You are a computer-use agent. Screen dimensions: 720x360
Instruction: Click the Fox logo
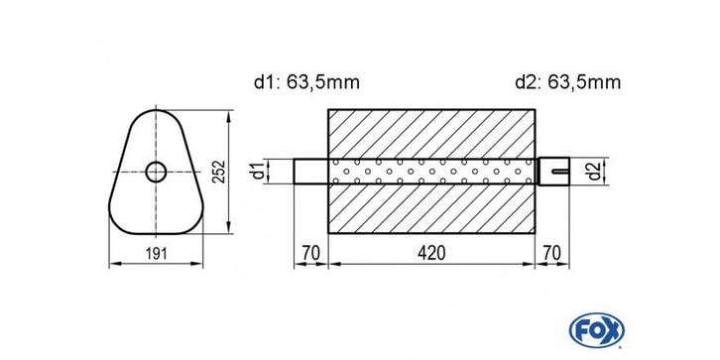(x=596, y=330)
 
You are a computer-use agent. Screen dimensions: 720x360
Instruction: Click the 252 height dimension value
(x=220, y=172)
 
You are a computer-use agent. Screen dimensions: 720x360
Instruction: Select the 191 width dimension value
(x=157, y=253)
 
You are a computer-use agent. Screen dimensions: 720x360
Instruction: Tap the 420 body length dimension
(x=432, y=253)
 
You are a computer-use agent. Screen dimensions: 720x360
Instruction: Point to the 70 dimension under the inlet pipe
(x=310, y=253)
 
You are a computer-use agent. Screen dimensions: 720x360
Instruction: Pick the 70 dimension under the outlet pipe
(x=552, y=253)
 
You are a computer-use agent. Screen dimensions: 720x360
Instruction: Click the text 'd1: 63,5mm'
(x=306, y=82)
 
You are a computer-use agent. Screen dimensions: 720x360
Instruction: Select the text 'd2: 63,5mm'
(x=568, y=82)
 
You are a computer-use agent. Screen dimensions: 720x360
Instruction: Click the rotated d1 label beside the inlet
(x=260, y=171)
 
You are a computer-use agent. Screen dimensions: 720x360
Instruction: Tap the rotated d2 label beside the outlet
(x=595, y=172)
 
